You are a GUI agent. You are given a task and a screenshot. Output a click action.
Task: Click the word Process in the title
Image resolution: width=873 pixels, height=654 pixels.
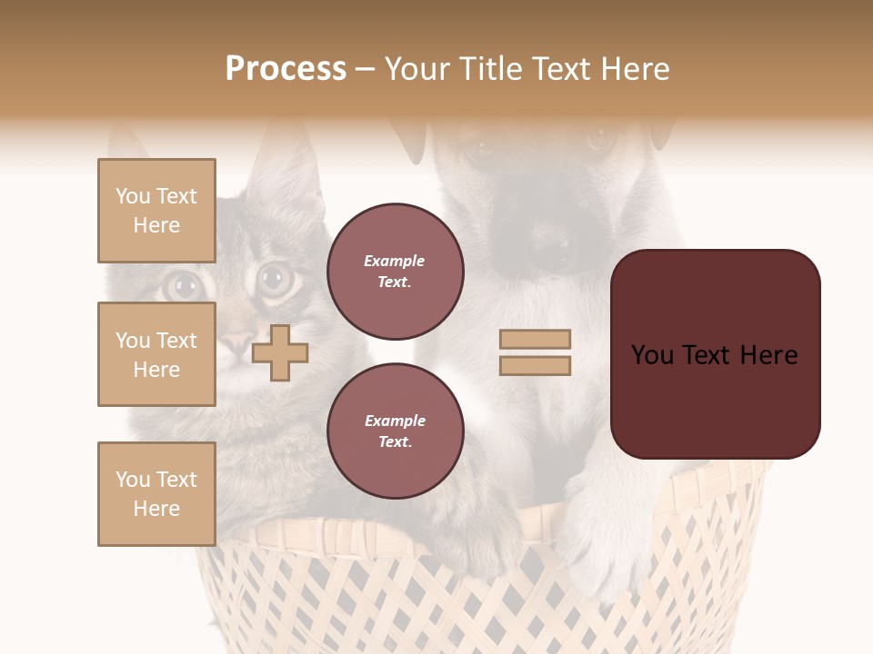286,69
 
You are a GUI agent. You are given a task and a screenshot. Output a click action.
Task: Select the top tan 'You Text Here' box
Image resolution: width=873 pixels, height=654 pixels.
156,211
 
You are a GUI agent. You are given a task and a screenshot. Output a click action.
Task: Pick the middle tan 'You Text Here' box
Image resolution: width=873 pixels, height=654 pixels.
156,354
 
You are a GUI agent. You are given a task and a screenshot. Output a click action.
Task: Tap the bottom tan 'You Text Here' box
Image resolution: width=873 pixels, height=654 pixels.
156,493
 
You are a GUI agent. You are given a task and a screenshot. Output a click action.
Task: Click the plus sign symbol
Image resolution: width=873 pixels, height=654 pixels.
280,352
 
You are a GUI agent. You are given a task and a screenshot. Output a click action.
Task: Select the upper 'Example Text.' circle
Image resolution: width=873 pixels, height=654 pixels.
395,272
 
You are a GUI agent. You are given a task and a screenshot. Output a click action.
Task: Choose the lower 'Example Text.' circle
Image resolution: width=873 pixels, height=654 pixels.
395,431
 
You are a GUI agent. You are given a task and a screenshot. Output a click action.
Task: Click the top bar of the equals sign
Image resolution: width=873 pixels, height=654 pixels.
535,339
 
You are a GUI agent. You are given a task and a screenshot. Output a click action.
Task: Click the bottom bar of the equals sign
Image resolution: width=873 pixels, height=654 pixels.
535,365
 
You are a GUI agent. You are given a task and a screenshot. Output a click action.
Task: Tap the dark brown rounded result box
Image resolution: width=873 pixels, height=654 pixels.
715,354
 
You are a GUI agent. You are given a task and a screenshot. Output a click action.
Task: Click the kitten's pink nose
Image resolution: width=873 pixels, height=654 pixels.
238,343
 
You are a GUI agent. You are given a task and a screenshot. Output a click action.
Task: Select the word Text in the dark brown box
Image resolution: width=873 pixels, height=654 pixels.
715,354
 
